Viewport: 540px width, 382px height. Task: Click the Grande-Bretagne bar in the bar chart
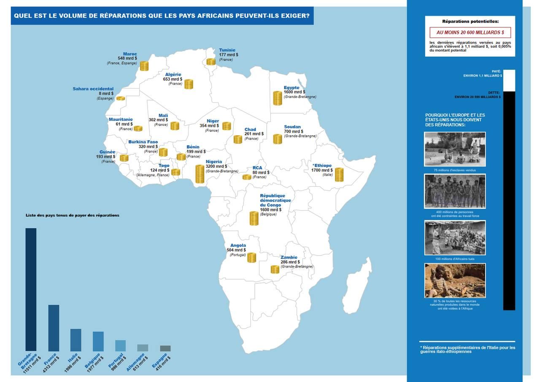(x=31, y=289)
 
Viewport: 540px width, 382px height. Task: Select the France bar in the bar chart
(x=54, y=328)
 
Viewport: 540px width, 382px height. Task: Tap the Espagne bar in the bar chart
(x=165, y=349)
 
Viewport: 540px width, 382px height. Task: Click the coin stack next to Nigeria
(x=200, y=174)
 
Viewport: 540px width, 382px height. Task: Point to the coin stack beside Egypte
(x=277, y=98)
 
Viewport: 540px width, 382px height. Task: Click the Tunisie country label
(x=227, y=50)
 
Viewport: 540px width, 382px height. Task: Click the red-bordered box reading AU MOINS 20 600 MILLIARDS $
(x=470, y=33)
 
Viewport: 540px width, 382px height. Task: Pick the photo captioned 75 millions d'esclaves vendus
(x=455, y=149)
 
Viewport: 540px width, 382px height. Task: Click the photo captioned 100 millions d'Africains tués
(x=455, y=237)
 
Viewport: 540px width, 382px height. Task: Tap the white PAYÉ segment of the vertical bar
(x=509, y=80)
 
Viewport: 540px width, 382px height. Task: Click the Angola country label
(x=238, y=246)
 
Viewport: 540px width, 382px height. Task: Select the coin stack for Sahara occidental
(x=121, y=98)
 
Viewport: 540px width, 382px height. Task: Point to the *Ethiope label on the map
(x=322, y=165)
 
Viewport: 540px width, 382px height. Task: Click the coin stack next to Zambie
(x=275, y=269)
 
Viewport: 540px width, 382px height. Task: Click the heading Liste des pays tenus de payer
(x=72, y=215)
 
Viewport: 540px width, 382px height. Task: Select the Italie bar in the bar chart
(x=76, y=340)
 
